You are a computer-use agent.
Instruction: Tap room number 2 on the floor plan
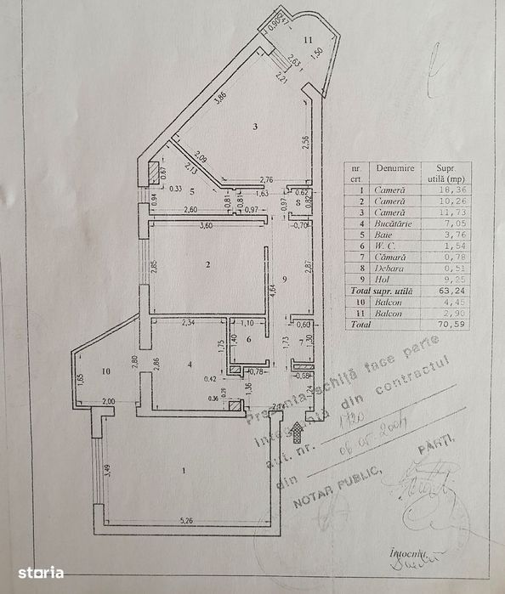point(207,264)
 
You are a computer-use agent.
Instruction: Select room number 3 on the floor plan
point(254,127)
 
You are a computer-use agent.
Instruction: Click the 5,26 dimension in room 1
point(187,512)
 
